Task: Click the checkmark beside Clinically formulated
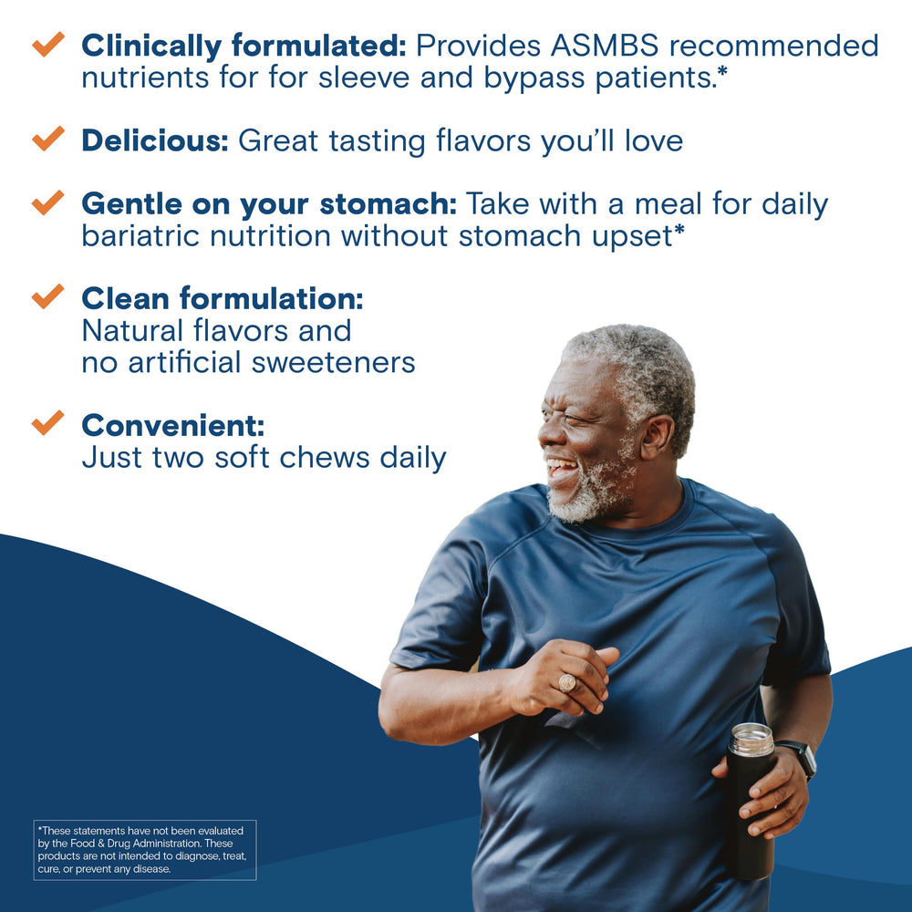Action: click(47, 44)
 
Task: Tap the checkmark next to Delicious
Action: click(47, 139)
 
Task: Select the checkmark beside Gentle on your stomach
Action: click(47, 202)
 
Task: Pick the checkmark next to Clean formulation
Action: click(47, 296)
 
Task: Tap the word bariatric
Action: click(142, 235)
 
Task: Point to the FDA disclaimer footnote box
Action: click(145, 850)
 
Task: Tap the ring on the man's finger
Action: click(566, 682)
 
